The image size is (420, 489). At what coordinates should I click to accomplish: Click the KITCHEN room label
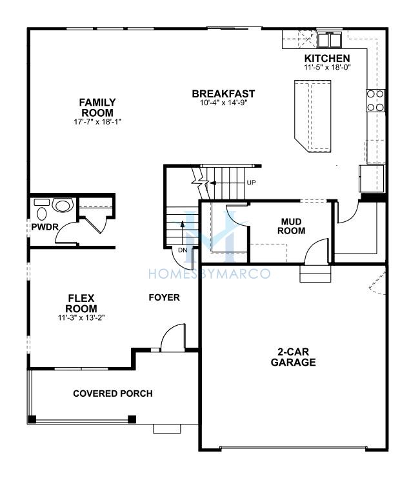pyautogui.click(x=327, y=58)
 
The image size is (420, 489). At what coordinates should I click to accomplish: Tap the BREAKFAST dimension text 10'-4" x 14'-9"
pyautogui.click(x=223, y=103)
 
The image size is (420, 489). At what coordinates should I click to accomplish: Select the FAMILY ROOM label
pyautogui.click(x=97, y=107)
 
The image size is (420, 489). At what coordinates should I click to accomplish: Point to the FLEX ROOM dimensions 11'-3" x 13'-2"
pyautogui.click(x=81, y=318)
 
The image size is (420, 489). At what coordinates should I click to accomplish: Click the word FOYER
pyautogui.click(x=165, y=297)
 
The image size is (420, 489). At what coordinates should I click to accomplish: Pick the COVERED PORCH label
pyautogui.click(x=113, y=394)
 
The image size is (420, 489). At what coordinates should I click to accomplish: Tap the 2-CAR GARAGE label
pyautogui.click(x=293, y=357)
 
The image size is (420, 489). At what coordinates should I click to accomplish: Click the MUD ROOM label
pyautogui.click(x=291, y=226)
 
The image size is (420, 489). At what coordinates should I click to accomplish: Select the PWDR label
pyautogui.click(x=45, y=227)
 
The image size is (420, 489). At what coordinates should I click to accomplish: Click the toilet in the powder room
pyautogui.click(x=41, y=210)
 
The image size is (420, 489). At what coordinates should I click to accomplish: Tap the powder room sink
pyautogui.click(x=63, y=205)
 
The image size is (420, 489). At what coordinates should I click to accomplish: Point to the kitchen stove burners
pyautogui.click(x=375, y=101)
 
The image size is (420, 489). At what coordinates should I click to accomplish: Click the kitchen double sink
pyautogui.click(x=330, y=39)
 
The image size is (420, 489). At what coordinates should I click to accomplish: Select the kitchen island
pyautogui.click(x=312, y=116)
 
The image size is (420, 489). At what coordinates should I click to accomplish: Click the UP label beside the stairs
pyautogui.click(x=251, y=183)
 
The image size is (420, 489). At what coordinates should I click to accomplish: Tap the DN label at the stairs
pyautogui.click(x=183, y=250)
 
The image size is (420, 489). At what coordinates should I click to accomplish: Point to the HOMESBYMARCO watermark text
pyautogui.click(x=209, y=274)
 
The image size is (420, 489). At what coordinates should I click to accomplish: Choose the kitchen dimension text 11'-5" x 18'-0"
pyautogui.click(x=327, y=66)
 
